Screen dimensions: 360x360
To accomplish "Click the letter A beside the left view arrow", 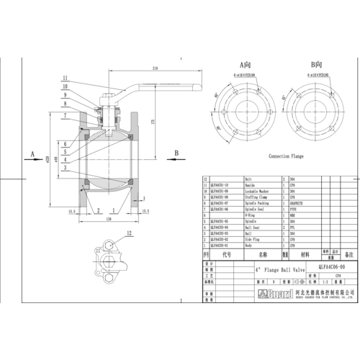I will click(33, 153).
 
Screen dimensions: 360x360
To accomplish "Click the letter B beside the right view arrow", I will click(176, 153).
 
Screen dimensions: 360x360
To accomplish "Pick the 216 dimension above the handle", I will click(156, 70).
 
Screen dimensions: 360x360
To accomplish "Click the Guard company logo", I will click(217, 293).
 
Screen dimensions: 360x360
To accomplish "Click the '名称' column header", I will click(262, 254).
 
